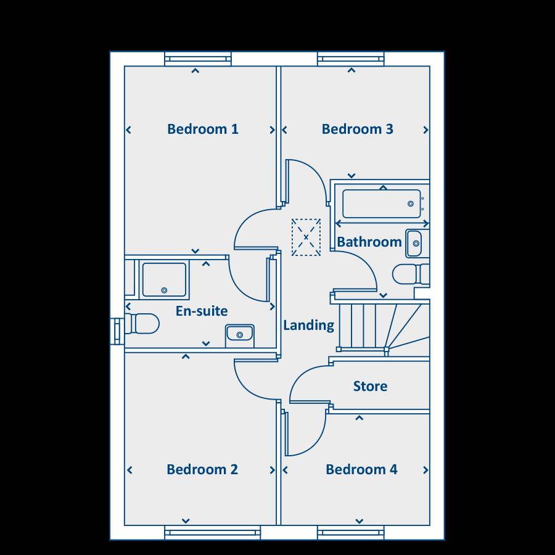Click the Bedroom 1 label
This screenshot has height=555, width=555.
point(202,129)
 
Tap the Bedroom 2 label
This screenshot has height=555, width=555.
point(202,470)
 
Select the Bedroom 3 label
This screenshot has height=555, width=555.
point(357,129)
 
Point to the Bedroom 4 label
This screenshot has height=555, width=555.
point(361,470)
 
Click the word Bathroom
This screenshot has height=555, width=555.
point(369,242)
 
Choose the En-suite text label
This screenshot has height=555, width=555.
point(202,311)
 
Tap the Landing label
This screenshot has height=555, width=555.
point(308,325)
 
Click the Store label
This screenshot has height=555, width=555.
point(370,387)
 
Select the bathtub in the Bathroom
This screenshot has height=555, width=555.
point(381,203)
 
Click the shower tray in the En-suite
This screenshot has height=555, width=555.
point(164,279)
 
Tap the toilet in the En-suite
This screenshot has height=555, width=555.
point(142,323)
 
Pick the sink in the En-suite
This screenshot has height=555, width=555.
point(240,334)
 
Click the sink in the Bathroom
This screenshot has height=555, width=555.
point(414,243)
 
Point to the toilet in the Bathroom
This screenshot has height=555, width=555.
point(409,273)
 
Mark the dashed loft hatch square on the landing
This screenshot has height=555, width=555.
point(306,236)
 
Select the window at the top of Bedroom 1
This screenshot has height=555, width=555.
point(198,59)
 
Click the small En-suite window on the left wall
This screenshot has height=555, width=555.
point(117,328)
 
